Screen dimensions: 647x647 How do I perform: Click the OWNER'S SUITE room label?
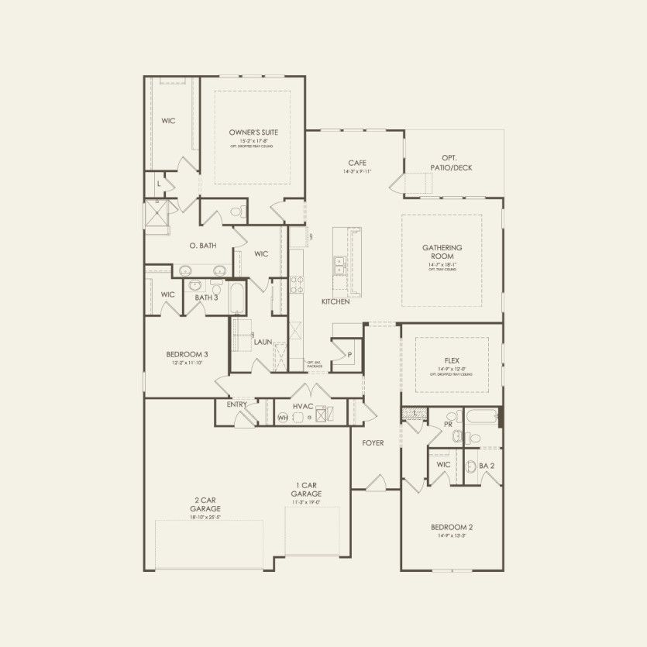coord(253,132)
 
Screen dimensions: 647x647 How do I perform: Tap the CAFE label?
coord(357,163)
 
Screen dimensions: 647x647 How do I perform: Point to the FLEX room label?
coord(452,360)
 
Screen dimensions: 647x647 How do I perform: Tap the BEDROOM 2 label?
coord(452,528)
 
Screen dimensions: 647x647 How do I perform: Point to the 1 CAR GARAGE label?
coord(306,490)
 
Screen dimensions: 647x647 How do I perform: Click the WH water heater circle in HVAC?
coord(284,418)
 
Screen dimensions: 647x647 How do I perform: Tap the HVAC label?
coord(302,405)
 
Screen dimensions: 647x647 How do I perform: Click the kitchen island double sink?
coord(339,266)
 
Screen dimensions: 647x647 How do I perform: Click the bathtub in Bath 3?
coord(237,298)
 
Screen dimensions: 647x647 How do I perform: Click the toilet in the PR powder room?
coord(457,437)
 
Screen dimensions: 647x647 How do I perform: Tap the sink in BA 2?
coord(471,466)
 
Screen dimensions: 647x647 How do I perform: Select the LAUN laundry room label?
coord(262,341)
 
